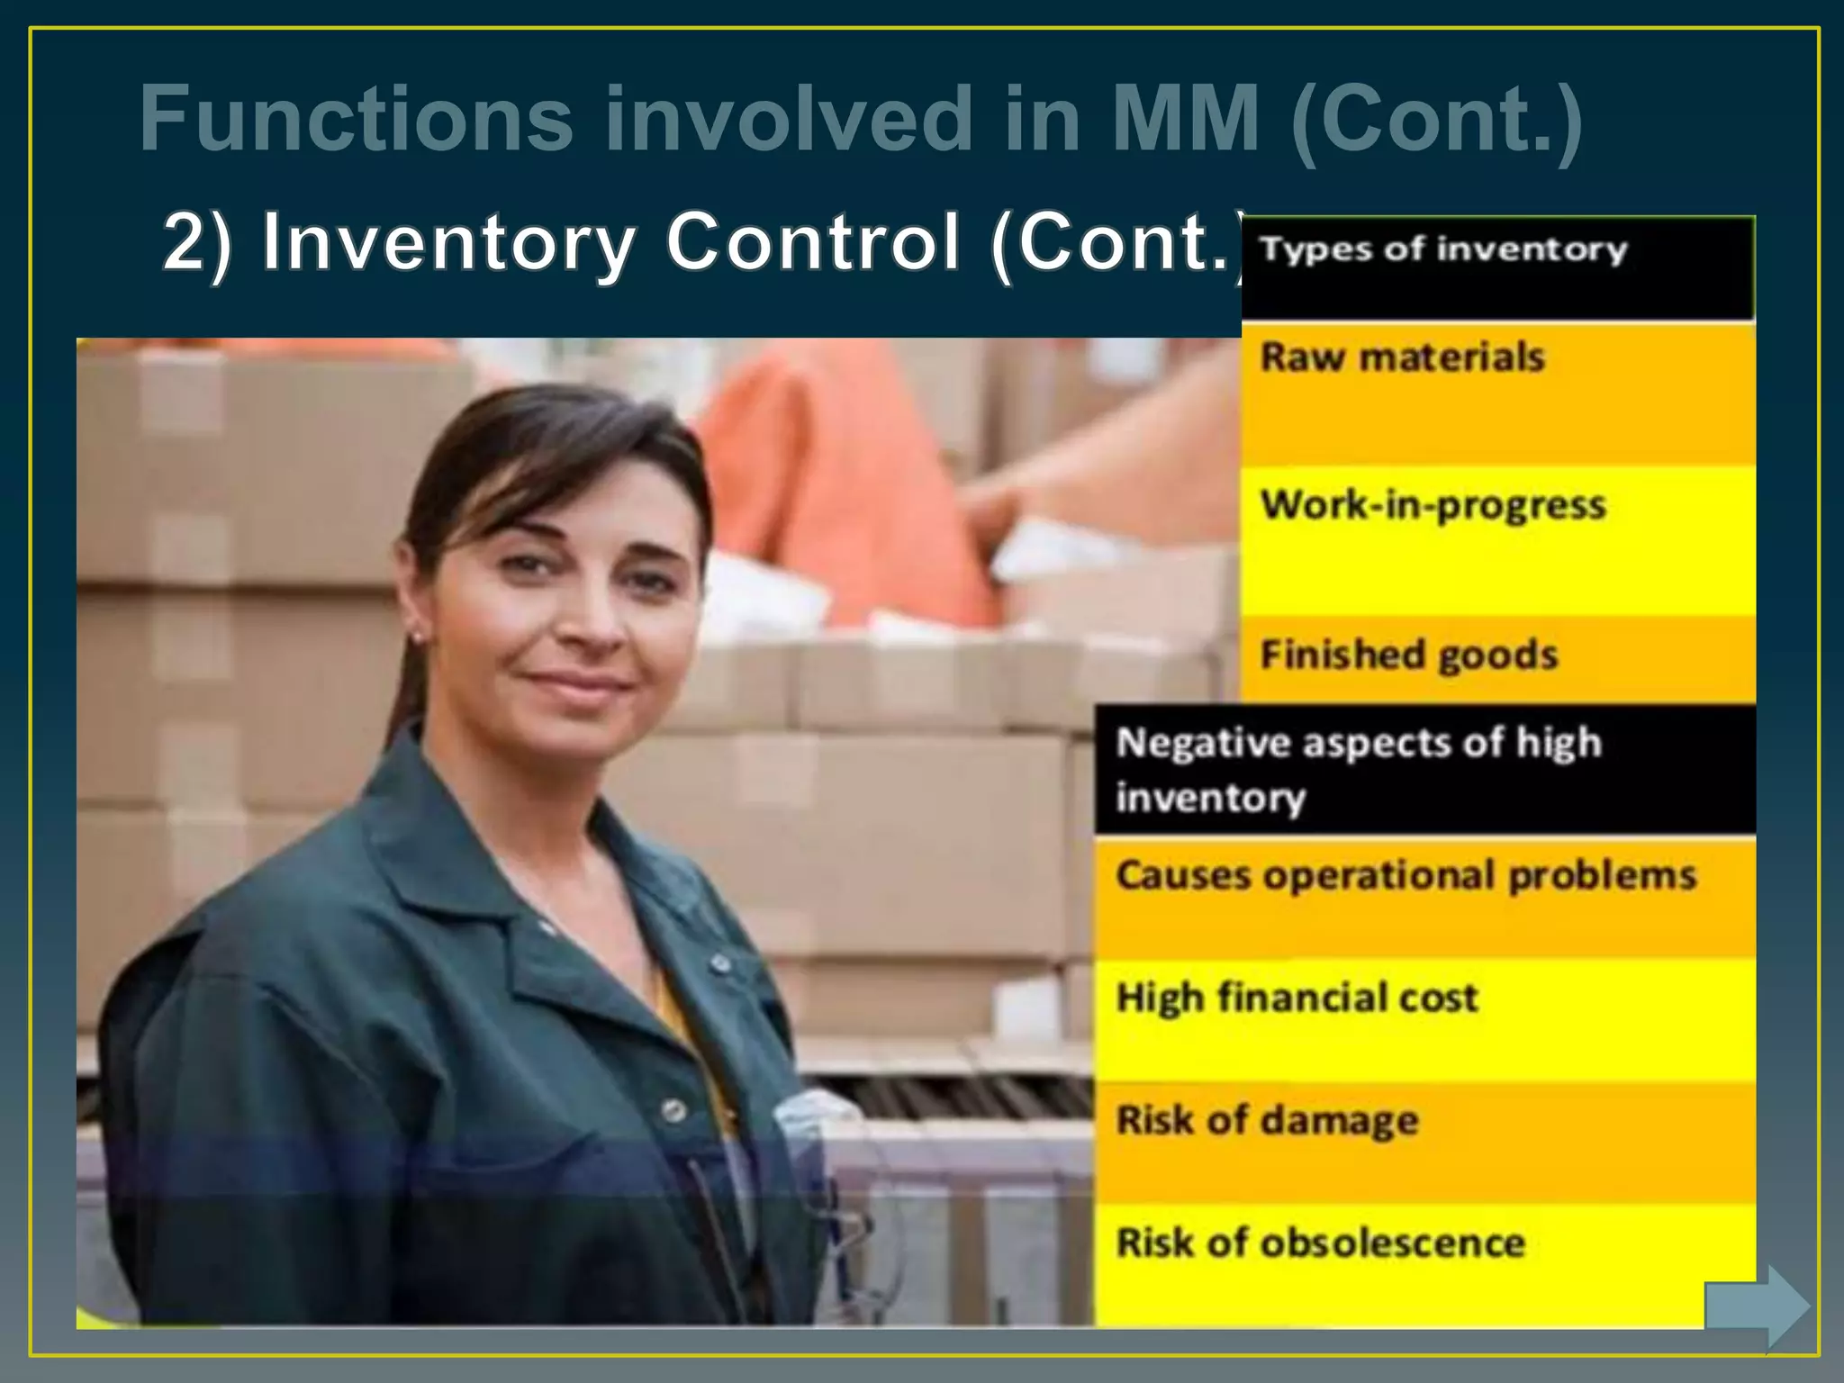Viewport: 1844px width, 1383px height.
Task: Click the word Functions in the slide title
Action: tap(357, 119)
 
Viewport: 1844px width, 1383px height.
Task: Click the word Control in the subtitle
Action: tap(812, 241)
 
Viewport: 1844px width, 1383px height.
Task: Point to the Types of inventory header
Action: tap(1443, 249)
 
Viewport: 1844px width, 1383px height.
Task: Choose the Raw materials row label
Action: tap(1402, 357)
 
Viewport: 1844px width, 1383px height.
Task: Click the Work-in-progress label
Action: tap(1433, 505)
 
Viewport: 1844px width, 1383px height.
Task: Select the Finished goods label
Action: tap(1408, 655)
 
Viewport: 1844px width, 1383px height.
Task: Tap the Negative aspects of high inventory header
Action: tap(1358, 770)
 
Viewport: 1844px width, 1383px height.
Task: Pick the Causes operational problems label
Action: tap(1406, 875)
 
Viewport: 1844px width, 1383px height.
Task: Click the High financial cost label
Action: tap(1297, 998)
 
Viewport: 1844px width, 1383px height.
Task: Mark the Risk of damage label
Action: tap(1267, 1121)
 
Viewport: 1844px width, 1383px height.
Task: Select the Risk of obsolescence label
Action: tap(1320, 1243)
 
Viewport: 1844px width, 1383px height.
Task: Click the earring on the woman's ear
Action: tap(416, 637)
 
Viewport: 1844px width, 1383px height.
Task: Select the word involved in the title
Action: tap(789, 119)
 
